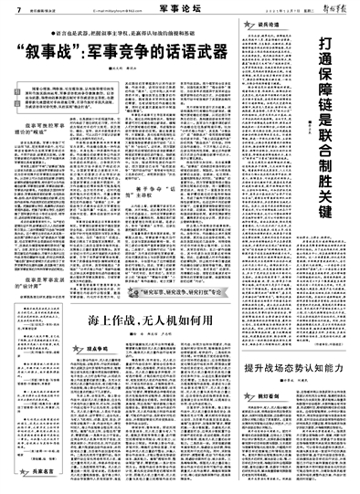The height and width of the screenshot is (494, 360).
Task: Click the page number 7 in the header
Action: (6, 7)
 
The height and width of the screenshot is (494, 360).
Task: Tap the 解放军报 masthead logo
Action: (333, 7)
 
